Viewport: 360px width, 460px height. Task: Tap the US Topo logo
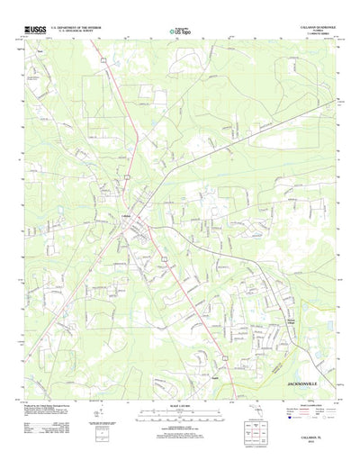[179, 32]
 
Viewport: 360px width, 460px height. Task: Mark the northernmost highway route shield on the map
[103, 59]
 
